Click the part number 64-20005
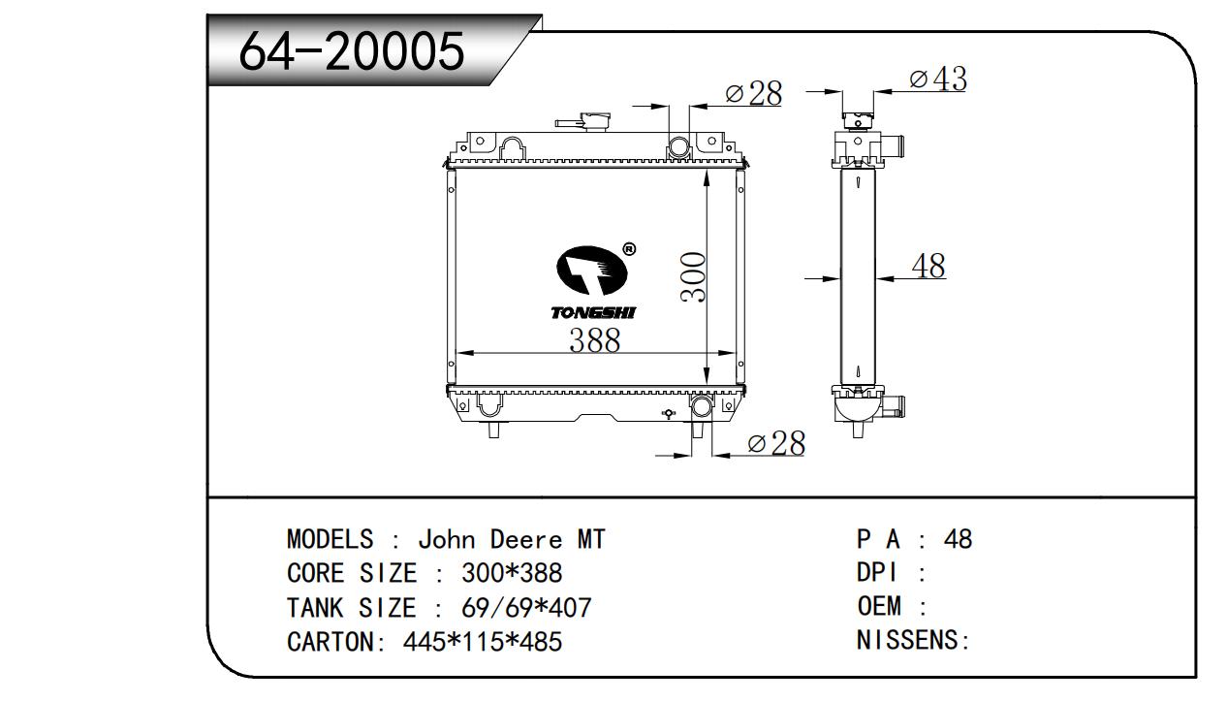coord(352,51)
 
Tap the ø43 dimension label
coord(938,79)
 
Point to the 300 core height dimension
coord(693,276)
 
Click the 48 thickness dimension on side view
coord(928,266)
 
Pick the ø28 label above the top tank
coord(754,93)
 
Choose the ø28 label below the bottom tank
coord(776,443)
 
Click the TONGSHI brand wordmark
coord(593,313)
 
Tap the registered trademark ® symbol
coord(629,249)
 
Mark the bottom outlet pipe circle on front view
coord(702,407)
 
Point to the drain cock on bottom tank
coord(669,413)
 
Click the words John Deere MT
coord(512,539)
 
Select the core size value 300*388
coord(512,573)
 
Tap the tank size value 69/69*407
coord(526,607)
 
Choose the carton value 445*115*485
coord(482,641)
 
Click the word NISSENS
coord(908,640)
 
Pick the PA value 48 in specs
coord(958,539)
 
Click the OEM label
coord(879,606)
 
